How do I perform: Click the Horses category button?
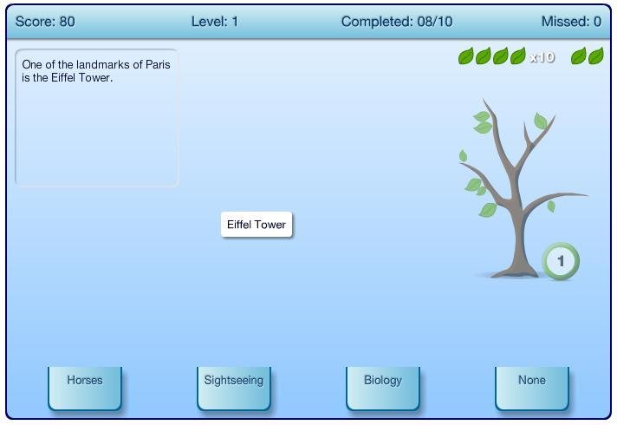(85, 386)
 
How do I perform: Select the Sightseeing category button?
(234, 386)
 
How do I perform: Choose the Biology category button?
(383, 386)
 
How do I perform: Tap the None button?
(532, 386)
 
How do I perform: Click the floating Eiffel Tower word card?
(257, 225)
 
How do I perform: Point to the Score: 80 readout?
(45, 22)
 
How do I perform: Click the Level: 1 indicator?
(214, 22)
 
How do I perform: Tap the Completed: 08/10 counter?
(397, 22)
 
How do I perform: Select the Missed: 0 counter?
(571, 22)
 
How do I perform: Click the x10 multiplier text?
(542, 57)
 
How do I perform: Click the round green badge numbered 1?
(561, 260)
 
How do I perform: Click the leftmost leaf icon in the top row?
(466, 57)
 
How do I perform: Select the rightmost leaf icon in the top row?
(596, 57)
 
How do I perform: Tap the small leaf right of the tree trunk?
(551, 206)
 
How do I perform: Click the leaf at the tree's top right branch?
(541, 121)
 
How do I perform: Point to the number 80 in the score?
(67, 22)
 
